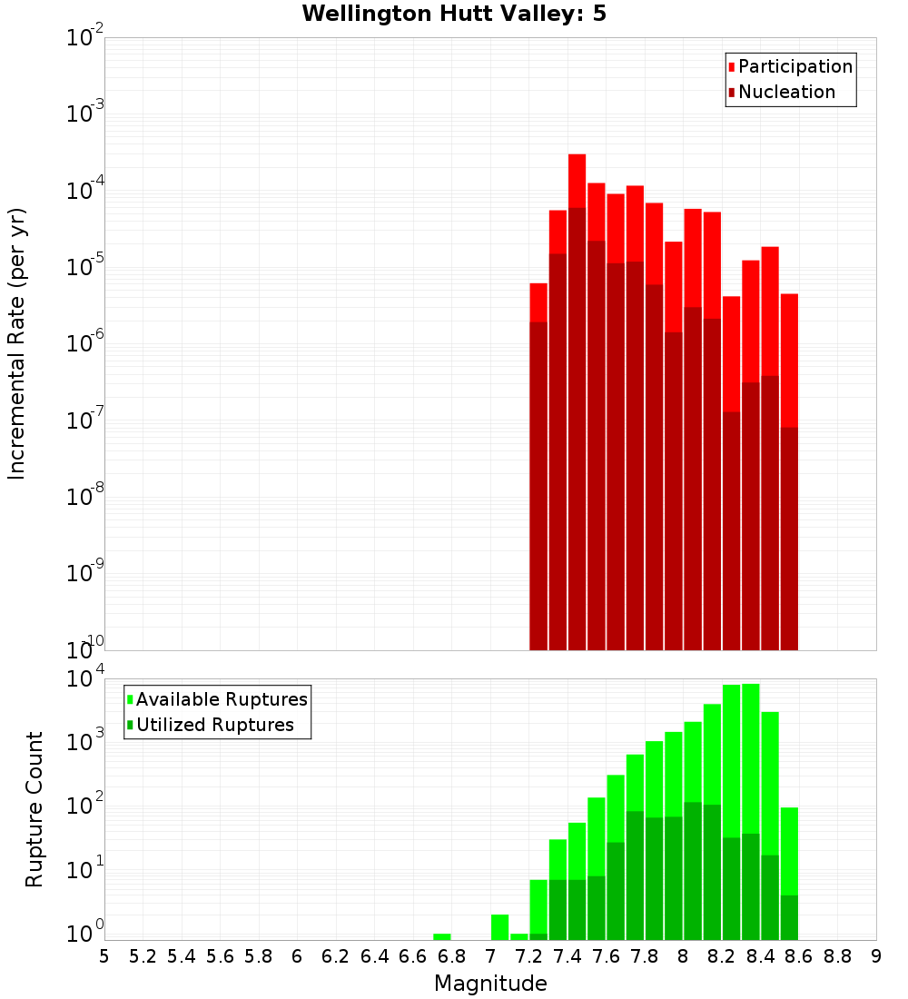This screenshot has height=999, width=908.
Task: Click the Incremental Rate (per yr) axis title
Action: coord(16,343)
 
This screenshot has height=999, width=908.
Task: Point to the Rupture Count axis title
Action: coord(35,808)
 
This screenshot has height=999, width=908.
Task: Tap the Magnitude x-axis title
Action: coord(490,984)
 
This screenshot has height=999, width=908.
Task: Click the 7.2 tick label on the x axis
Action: coord(528,956)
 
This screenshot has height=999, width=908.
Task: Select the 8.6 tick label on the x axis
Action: coord(799,956)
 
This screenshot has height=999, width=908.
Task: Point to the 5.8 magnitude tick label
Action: coord(259,956)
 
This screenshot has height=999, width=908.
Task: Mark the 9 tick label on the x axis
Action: coord(876,956)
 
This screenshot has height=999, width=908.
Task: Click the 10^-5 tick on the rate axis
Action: coord(84,267)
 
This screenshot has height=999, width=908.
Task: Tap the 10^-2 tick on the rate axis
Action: coord(84,38)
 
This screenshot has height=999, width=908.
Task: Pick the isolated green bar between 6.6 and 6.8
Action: coord(442,936)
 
